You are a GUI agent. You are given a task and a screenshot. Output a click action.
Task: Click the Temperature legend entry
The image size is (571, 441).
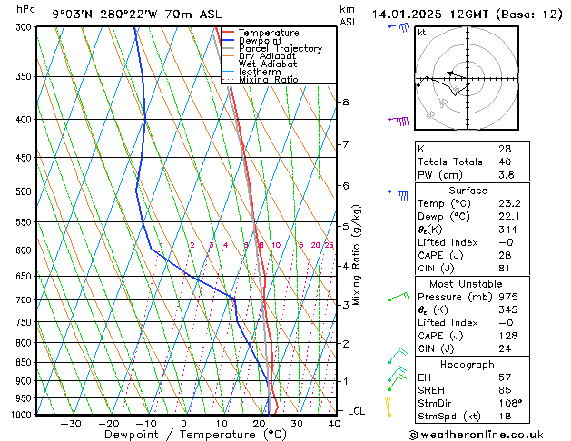click(270, 33)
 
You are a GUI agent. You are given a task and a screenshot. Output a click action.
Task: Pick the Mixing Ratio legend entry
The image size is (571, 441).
click(269, 80)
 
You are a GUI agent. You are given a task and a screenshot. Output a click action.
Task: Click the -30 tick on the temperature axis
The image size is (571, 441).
click(70, 424)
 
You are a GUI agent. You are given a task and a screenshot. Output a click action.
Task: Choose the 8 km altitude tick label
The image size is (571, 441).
click(345, 103)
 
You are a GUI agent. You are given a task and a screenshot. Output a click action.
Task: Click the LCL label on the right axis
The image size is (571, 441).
click(357, 411)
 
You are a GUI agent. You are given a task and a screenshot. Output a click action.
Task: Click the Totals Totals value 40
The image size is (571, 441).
click(505, 162)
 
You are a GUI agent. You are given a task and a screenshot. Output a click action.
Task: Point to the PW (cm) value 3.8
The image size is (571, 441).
click(505, 176)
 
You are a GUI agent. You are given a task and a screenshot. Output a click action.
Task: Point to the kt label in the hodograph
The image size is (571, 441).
click(422, 33)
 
